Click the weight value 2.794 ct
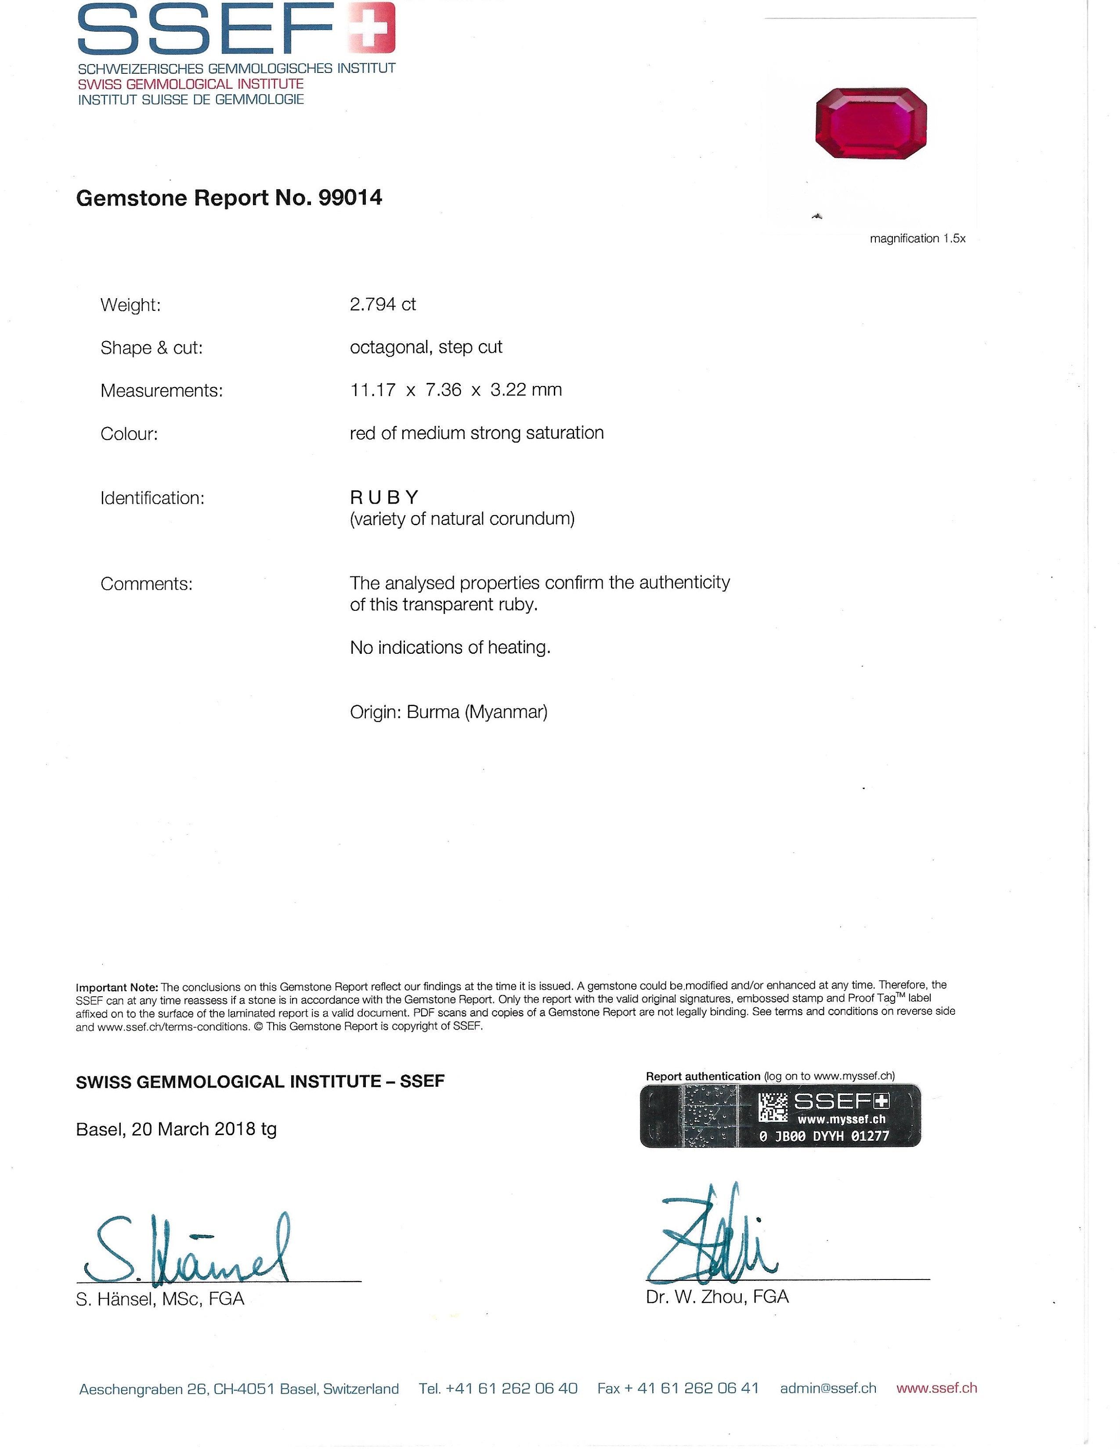click(x=383, y=305)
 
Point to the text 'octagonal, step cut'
click(x=426, y=347)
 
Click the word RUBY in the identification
click(x=384, y=497)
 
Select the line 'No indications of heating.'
click(x=450, y=648)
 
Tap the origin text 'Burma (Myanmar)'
click(x=477, y=713)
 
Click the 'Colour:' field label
click(x=129, y=434)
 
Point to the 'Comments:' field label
click(x=146, y=584)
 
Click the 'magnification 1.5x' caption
click(x=917, y=239)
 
